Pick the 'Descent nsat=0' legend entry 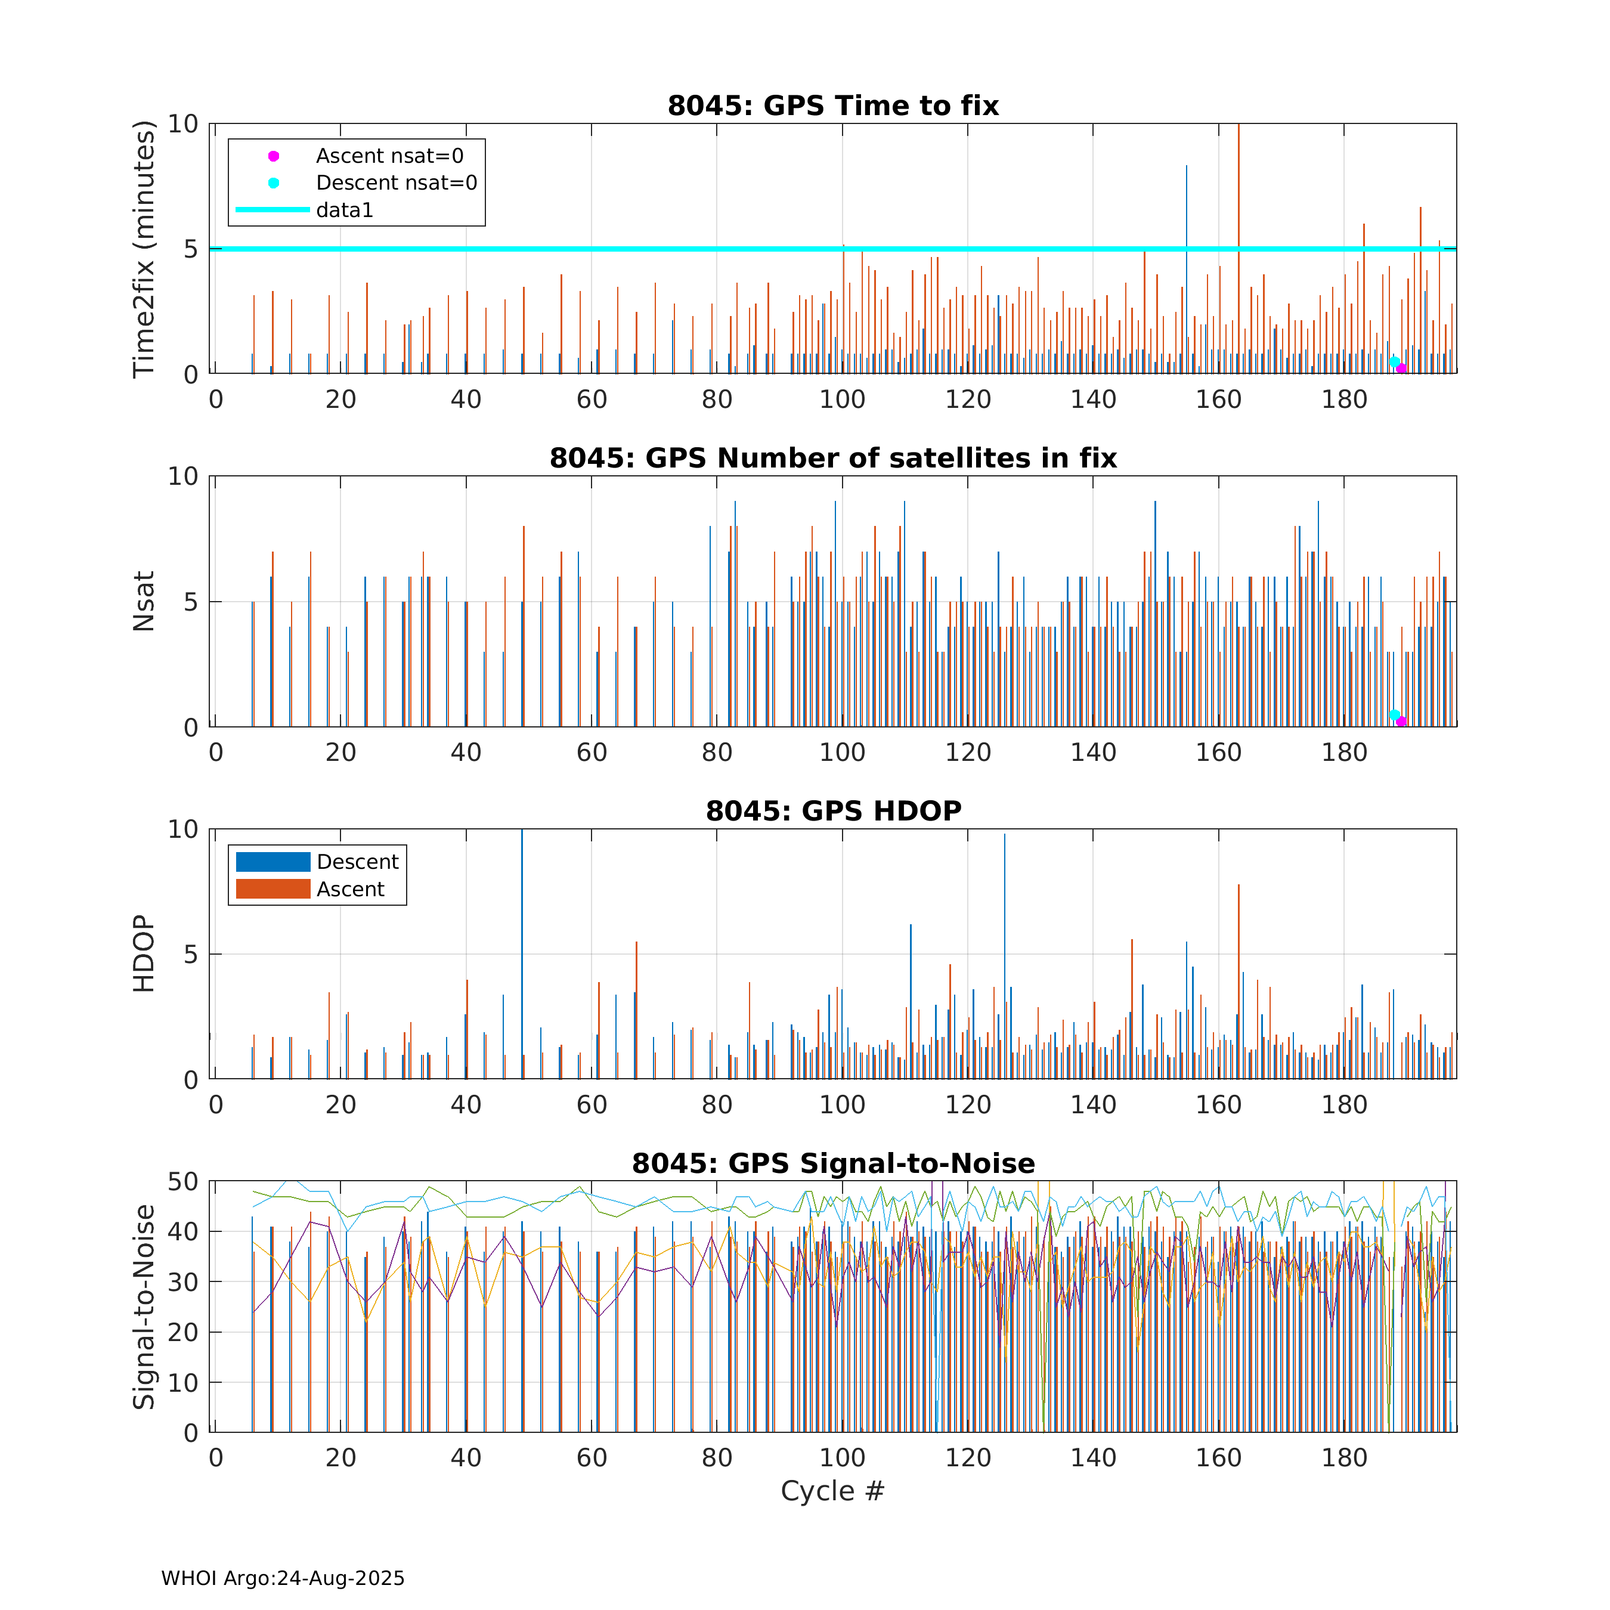[396, 182]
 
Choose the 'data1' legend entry [344, 210]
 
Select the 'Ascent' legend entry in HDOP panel [350, 889]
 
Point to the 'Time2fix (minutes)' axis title [144, 248]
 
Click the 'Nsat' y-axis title [144, 601]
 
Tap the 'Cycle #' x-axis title [832, 1491]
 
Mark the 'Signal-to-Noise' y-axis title [144, 1306]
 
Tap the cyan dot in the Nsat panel [1394, 715]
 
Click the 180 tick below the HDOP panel [1344, 1105]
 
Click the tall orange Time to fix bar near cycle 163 [1239, 250]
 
